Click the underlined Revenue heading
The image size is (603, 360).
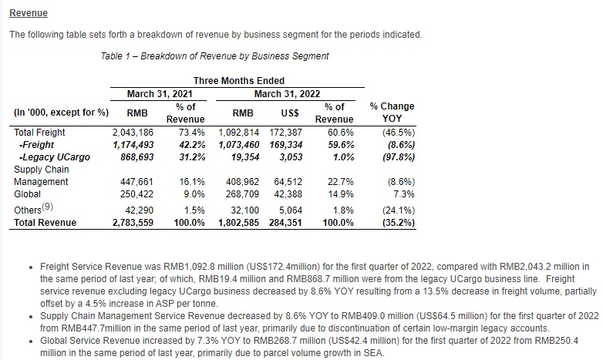(29, 12)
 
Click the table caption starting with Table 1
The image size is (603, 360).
(214, 56)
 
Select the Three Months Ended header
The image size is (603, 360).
(239, 81)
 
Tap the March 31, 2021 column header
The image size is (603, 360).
(160, 94)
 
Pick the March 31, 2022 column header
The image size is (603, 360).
(288, 94)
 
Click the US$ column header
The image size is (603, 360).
(290, 113)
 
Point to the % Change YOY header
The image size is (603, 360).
(392, 113)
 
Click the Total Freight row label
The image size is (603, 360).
(39, 133)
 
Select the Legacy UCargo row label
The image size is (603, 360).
(54, 157)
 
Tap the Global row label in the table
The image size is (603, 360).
(27, 193)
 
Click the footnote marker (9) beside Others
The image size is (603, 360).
(47, 207)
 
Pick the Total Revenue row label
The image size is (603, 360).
(45, 223)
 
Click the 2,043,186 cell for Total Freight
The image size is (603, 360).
(133, 133)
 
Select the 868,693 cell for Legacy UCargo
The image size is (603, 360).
(137, 157)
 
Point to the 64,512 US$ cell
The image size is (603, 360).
(288, 181)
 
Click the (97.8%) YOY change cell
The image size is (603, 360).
(399, 157)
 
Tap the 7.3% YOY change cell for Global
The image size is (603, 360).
(404, 193)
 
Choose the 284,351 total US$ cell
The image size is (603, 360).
(285, 223)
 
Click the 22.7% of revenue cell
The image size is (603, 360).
(340, 181)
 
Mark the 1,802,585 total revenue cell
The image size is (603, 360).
(238, 223)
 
